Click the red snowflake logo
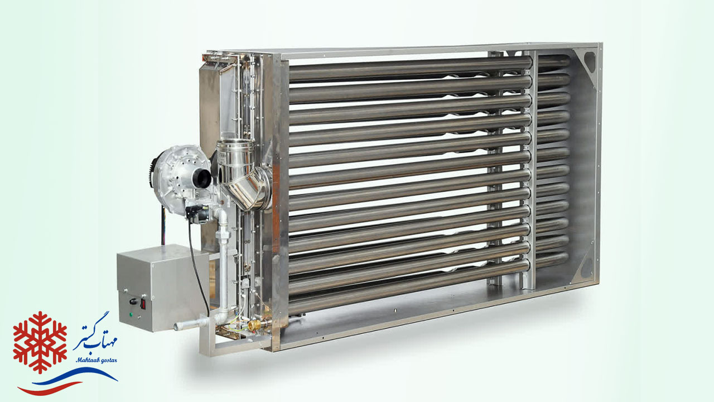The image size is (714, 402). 40,342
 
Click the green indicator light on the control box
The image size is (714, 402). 131,314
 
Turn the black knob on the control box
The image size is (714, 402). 133,301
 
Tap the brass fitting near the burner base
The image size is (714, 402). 254,325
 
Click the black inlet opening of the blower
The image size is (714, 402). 202,178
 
